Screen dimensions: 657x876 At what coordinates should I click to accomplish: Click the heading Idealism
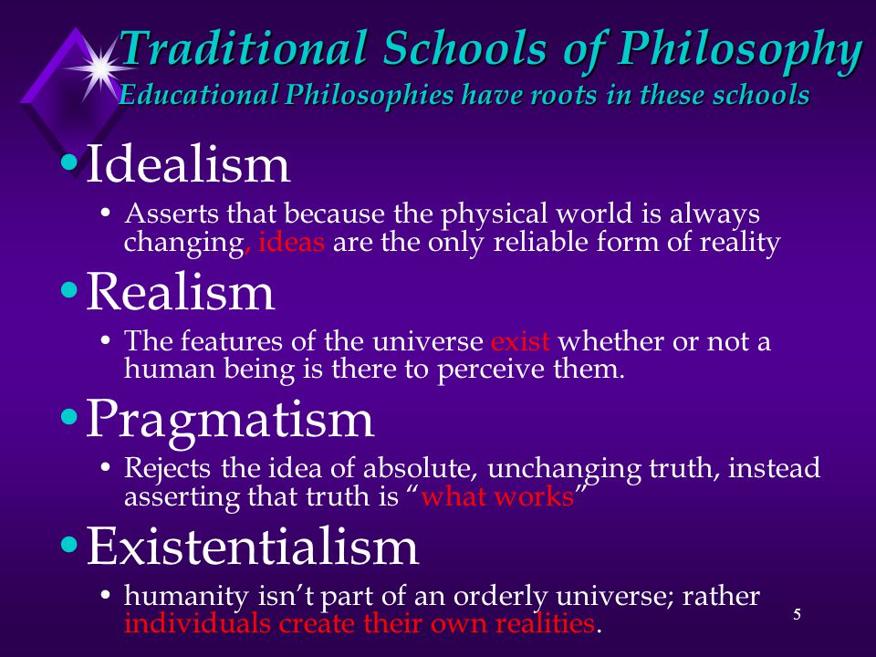(188, 165)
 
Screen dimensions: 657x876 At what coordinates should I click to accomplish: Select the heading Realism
(180, 293)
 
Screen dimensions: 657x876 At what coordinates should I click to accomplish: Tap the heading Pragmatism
(230, 420)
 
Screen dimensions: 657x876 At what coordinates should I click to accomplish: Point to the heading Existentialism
(252, 547)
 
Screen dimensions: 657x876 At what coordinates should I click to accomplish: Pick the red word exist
(520, 342)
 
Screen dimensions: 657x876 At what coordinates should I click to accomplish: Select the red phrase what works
(497, 498)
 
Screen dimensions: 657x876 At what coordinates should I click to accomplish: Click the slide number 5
(797, 614)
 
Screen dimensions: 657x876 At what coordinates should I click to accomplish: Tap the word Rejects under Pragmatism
(160, 469)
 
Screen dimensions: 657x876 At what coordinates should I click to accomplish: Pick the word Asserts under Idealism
(160, 215)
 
